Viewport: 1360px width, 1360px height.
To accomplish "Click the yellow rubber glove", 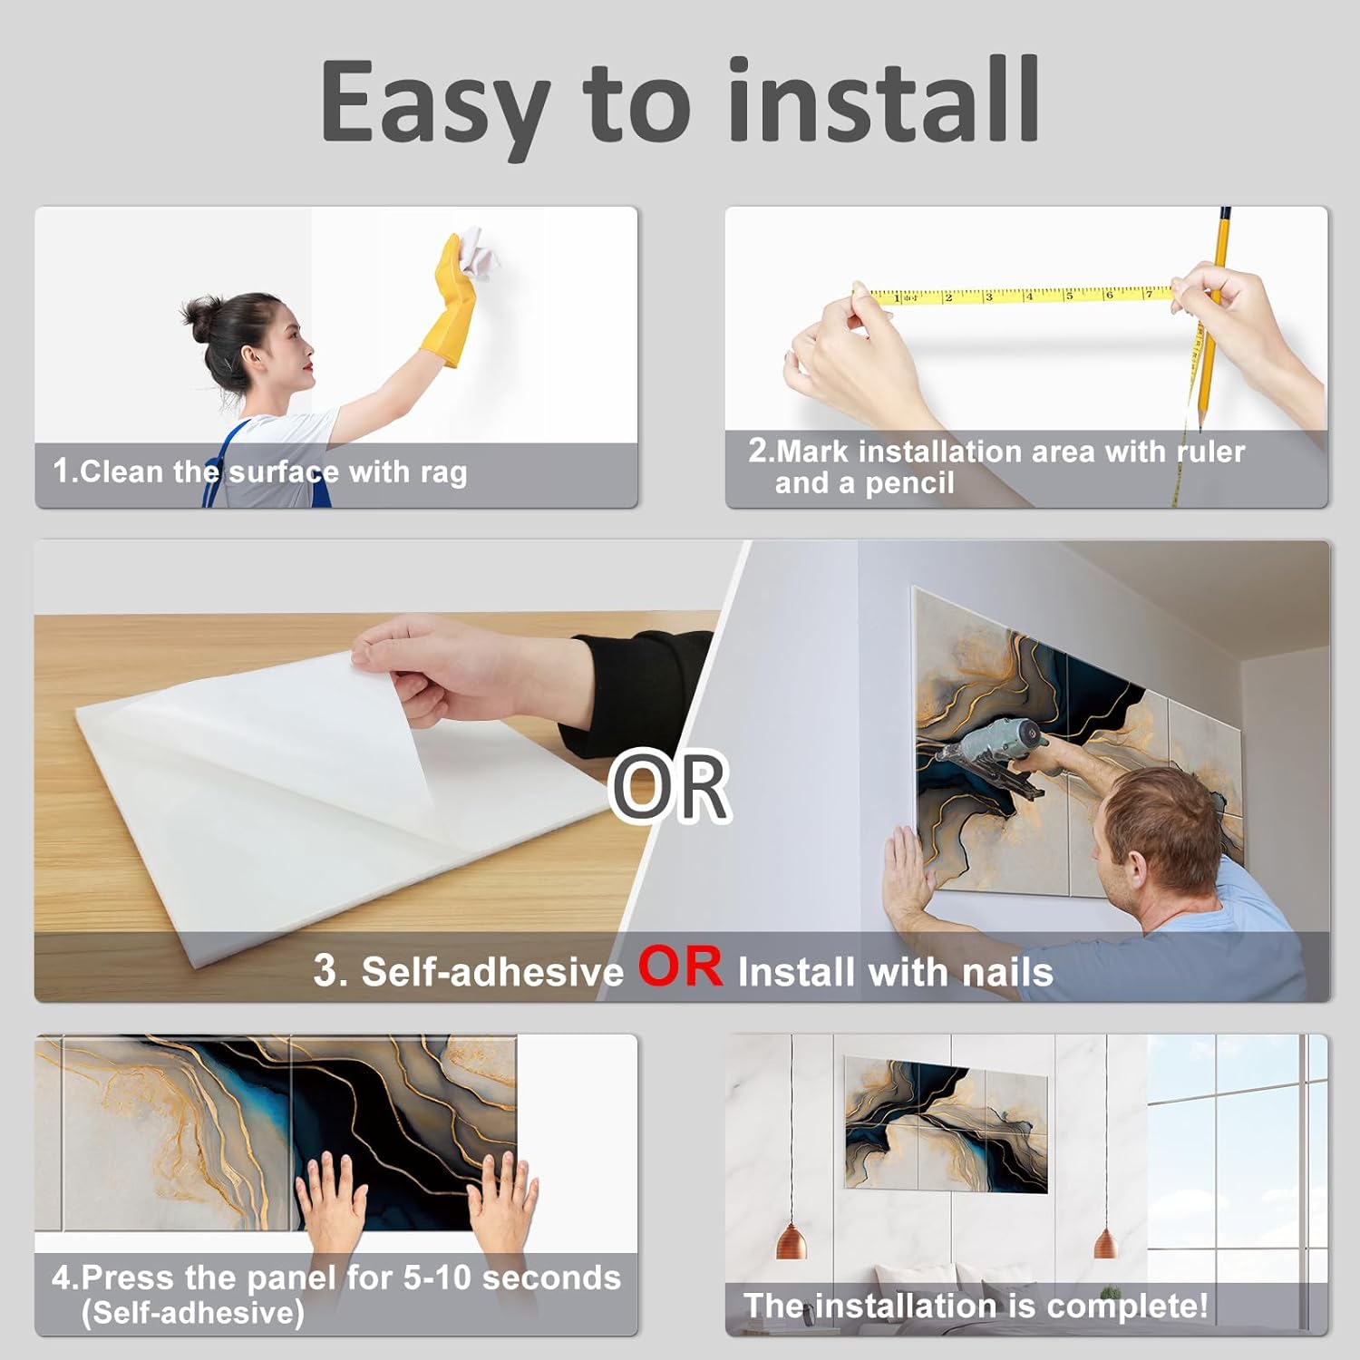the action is pyautogui.click(x=452, y=304).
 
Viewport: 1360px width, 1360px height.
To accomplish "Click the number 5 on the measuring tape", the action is pyautogui.click(x=1069, y=295).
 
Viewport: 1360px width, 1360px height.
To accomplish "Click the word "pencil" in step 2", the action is pyautogui.click(x=909, y=483).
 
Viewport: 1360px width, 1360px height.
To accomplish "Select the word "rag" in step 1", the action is pyautogui.click(x=443, y=473).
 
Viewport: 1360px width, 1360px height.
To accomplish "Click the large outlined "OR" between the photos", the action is pyautogui.click(x=670, y=786).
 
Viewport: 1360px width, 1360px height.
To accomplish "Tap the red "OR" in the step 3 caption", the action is pyautogui.click(x=681, y=967).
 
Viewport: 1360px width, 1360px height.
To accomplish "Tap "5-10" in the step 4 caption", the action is pyautogui.click(x=438, y=1277).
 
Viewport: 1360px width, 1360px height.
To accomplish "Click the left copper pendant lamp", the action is pyautogui.click(x=792, y=1239).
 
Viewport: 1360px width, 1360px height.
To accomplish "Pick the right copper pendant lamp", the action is pyautogui.click(x=1105, y=1241).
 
